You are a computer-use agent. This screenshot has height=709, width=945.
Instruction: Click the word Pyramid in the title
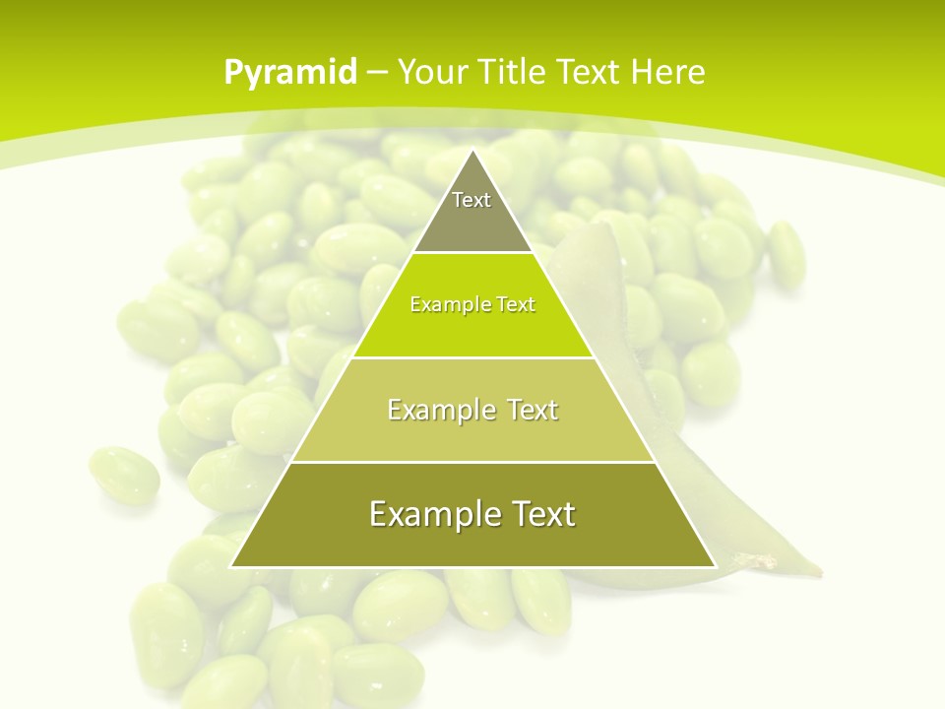click(x=290, y=73)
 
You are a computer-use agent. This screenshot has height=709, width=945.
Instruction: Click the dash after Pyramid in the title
click(x=377, y=73)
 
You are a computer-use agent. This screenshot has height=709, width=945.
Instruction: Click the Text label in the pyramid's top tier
click(x=472, y=200)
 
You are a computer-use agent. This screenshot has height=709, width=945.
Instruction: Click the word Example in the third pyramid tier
click(x=438, y=410)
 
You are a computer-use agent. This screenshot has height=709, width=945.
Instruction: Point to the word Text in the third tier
click(x=531, y=410)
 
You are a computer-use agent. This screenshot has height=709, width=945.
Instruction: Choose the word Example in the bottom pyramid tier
click(x=430, y=514)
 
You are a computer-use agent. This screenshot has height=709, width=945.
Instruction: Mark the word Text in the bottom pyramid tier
click(x=539, y=514)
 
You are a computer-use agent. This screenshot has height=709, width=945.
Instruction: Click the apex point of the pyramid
click(x=472, y=150)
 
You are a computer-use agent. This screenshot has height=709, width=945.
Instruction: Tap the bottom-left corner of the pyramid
click(x=230, y=567)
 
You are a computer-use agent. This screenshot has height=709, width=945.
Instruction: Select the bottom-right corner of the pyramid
click(x=716, y=567)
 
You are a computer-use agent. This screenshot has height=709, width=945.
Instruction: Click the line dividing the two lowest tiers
click(x=472, y=462)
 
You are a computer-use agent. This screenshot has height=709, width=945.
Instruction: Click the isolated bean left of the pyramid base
click(x=124, y=475)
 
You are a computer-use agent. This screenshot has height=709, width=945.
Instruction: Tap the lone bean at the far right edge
click(x=787, y=253)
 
